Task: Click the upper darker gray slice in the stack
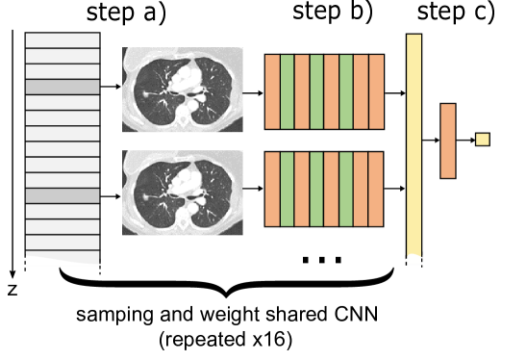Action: [x=63, y=87]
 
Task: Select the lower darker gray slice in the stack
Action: [x=63, y=195]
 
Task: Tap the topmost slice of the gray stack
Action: [x=63, y=40]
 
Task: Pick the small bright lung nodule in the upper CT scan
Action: [x=144, y=93]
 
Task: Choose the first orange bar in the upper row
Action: [x=272, y=91]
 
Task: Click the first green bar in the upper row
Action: [x=287, y=91]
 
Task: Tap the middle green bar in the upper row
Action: [x=316, y=91]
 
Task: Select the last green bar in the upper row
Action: [x=346, y=91]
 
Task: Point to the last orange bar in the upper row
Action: [x=376, y=91]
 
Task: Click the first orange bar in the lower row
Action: [x=272, y=189]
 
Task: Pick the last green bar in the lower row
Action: [x=346, y=189]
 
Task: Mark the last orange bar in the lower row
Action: [x=376, y=189]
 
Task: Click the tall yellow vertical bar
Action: [x=414, y=144]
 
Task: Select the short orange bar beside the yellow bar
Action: [x=447, y=141]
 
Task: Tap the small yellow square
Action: [x=482, y=140]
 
